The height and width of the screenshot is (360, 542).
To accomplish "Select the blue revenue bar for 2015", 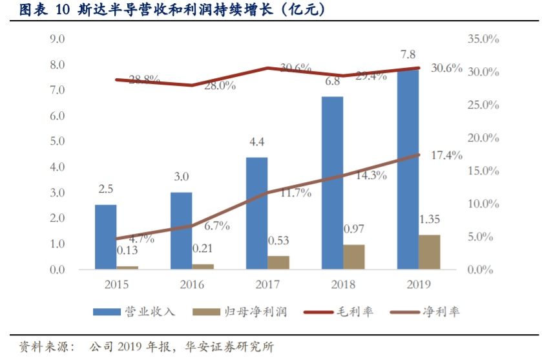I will [106, 237].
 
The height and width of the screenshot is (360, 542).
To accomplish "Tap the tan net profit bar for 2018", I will [354, 257].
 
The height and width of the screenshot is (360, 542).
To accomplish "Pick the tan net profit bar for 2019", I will [429, 252].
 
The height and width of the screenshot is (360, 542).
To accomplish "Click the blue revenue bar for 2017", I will [257, 213].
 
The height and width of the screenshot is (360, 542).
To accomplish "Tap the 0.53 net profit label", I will [279, 240].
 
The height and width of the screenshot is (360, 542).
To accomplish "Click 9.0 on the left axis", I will [57, 39].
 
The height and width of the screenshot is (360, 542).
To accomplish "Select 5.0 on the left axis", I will [57, 142].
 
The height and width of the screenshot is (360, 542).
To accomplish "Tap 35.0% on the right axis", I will [483, 39].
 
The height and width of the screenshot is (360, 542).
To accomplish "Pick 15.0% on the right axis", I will [483, 171].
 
